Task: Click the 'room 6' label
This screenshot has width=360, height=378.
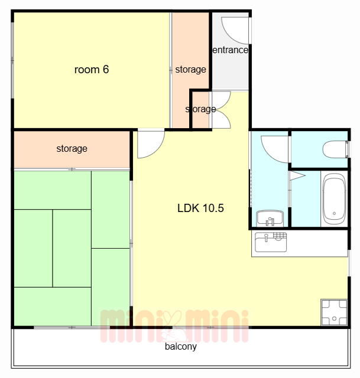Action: pos(92,70)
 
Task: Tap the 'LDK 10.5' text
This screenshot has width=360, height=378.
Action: pos(200,208)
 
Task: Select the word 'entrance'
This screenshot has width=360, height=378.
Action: pos(230,50)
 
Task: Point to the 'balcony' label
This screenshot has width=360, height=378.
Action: pos(181,347)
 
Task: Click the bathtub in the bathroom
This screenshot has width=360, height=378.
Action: pos(334,199)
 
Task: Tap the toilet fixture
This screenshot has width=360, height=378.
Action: pos(335,149)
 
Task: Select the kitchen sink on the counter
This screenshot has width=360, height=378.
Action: pos(271,242)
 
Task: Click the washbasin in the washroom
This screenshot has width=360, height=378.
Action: pos(270,218)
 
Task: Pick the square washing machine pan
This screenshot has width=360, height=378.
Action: pos(334,312)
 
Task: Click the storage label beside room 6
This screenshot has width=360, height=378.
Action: pos(190,70)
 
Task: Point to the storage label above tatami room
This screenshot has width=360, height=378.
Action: pos(72,148)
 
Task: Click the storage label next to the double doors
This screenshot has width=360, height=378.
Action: pos(200,109)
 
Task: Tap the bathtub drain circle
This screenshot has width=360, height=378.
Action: pos(334,213)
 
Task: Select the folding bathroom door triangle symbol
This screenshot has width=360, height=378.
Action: pos(297,175)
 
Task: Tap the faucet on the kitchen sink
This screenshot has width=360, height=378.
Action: pos(266,237)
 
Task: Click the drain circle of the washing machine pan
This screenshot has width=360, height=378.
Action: pos(334,318)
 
